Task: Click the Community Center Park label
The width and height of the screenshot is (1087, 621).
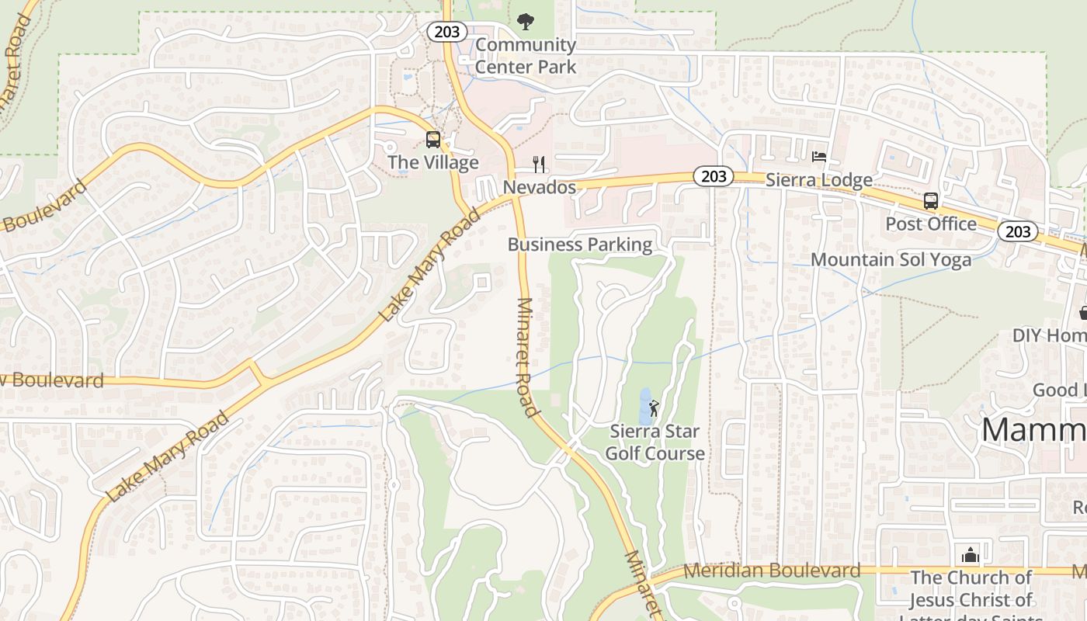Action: [526, 56]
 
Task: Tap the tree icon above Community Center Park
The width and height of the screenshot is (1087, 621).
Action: [526, 21]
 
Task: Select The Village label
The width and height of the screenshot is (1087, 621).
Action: [432, 162]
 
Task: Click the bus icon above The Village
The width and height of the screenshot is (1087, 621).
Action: [433, 140]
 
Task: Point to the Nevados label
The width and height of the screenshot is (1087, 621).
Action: [540, 187]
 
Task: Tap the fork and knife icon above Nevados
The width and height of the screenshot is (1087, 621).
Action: [539, 164]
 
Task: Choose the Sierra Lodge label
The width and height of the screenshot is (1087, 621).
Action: [819, 180]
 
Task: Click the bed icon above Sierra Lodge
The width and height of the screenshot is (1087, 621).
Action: [819, 157]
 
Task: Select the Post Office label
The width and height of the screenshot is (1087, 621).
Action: [931, 224]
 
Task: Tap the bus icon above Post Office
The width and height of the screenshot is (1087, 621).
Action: [931, 201]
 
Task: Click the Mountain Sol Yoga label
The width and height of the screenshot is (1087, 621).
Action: [891, 259]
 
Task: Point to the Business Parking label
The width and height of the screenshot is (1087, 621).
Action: [580, 245]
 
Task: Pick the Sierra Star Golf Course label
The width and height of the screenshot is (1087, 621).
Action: [655, 442]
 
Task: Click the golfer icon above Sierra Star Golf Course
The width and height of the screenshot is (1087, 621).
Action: [654, 408]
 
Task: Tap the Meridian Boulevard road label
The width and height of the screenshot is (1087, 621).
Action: [772, 571]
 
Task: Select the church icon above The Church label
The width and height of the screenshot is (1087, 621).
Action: [970, 555]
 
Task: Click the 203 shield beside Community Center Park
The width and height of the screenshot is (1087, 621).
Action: [447, 32]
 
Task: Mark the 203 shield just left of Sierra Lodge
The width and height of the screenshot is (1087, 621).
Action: [713, 176]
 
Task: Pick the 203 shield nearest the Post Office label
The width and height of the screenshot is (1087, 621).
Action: [1017, 231]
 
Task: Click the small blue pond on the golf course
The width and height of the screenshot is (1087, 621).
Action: [644, 403]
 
